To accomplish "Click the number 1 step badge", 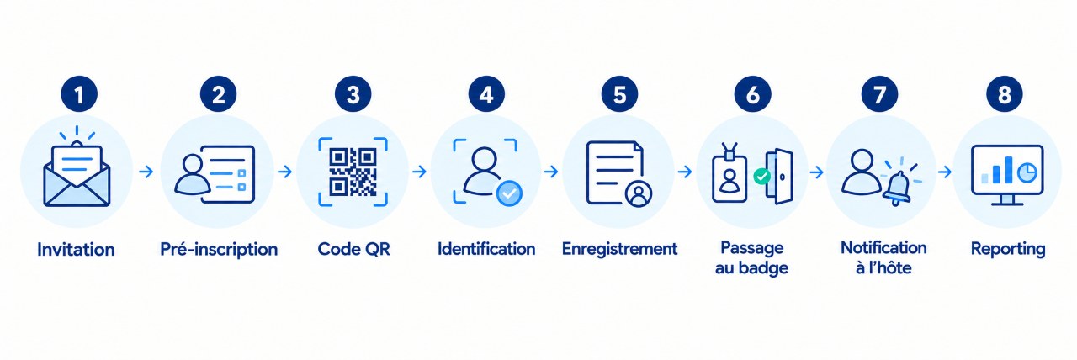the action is point(79,94).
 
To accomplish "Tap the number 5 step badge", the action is point(620,94).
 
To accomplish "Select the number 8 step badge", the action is point(1005,94).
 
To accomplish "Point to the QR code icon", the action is point(353,172).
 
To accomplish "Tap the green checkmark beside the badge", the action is point(761,177).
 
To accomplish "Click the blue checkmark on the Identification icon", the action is point(509,193).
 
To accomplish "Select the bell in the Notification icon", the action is point(897,188).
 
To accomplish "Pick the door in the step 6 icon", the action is point(780,177).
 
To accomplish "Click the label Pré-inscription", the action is point(219,249).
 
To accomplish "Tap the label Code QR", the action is point(354,249).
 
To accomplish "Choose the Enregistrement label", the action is point(620,249).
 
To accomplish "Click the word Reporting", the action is point(1008,249).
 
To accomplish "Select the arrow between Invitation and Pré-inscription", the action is point(146,172).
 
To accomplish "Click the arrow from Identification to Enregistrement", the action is point(551,172).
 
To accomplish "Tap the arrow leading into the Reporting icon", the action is point(945,172).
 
